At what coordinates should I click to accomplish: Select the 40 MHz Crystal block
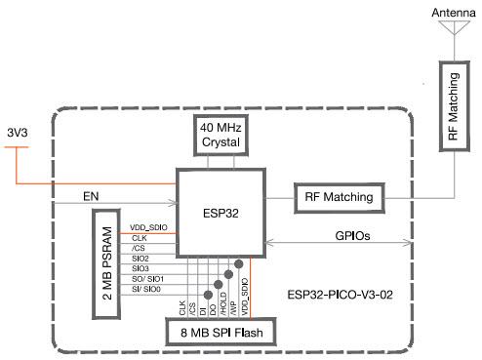click(x=221, y=135)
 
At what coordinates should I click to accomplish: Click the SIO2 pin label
click(x=141, y=258)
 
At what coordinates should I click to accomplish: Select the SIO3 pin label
click(x=141, y=268)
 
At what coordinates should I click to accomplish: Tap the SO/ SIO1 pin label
click(x=146, y=279)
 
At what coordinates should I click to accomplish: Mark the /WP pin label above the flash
click(x=236, y=307)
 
